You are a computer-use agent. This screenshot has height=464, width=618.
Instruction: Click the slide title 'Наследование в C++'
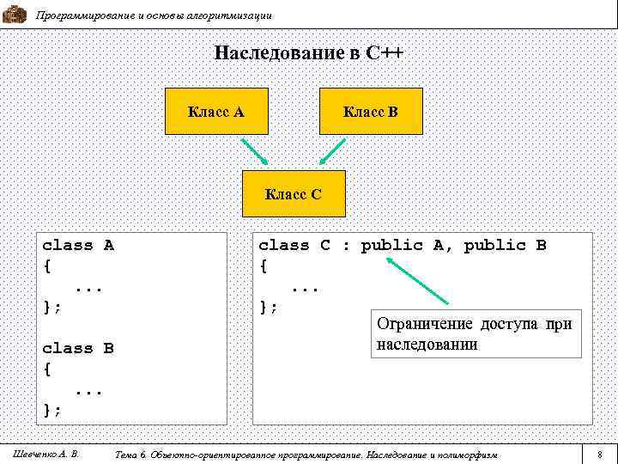pos(308,53)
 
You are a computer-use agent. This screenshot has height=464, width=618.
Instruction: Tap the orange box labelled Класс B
pos(371,111)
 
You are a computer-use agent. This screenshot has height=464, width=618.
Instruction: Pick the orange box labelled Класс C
pos(293,194)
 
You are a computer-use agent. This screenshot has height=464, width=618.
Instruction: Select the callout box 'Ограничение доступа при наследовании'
pos(474,334)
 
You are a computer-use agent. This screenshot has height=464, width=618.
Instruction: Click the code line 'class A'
pos(78,246)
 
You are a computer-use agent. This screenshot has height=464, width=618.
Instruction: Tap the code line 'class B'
pos(78,349)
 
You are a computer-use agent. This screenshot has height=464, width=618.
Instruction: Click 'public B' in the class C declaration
pos(505,246)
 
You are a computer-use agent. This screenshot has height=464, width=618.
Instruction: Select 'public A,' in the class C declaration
pos(408,246)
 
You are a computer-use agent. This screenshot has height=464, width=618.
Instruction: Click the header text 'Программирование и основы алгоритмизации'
pos(154,15)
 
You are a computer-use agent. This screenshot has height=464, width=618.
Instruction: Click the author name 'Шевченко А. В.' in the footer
pos(46,453)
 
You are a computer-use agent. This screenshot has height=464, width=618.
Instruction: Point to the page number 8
pos(600,453)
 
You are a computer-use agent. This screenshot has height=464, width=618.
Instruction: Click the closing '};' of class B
pos(51,410)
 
